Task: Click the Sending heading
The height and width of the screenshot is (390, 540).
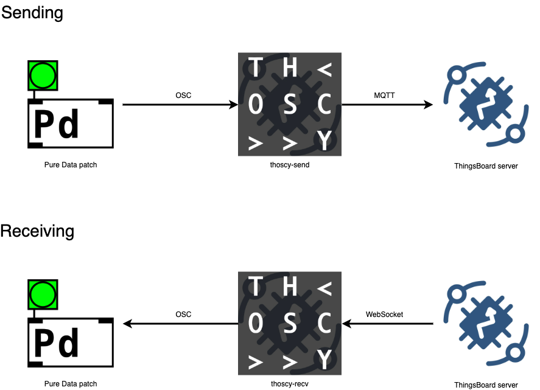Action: click(32, 12)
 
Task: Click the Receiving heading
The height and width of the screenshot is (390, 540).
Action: click(37, 231)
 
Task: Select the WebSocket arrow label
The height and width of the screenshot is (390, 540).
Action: click(384, 315)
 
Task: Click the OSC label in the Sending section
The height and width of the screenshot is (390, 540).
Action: click(183, 96)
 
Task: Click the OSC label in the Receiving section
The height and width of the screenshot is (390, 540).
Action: click(183, 315)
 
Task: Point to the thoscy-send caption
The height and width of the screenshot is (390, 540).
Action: click(290, 164)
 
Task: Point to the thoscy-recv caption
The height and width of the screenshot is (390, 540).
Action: click(290, 384)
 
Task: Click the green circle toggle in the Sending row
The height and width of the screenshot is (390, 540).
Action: click(43, 75)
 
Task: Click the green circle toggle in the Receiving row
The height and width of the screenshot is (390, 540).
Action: click(43, 294)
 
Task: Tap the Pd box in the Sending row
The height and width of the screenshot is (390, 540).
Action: click(71, 123)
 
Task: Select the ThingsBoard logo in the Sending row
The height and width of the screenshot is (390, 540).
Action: click(485, 105)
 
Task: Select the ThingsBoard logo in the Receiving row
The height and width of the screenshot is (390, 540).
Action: click(485, 324)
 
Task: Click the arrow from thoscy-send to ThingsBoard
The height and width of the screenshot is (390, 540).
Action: click(387, 105)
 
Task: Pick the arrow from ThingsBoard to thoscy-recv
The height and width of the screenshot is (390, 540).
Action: click(388, 324)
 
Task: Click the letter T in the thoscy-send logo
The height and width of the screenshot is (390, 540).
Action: click(257, 68)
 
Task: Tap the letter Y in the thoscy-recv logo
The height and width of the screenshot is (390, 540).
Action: click(325, 360)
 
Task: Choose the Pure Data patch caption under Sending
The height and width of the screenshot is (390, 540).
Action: click(71, 165)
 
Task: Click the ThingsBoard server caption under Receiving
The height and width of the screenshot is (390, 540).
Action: click(486, 385)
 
